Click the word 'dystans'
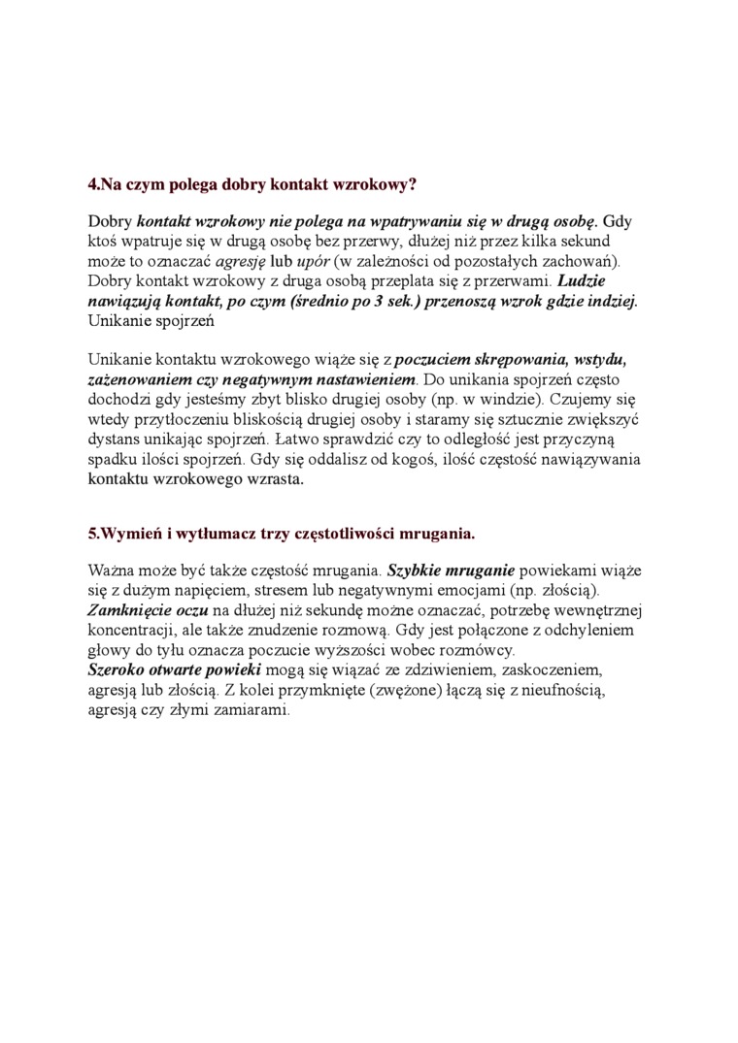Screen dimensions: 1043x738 coord(116,438)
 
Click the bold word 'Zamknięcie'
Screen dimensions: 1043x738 coord(129,610)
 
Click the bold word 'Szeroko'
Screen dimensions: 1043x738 coord(117,669)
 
